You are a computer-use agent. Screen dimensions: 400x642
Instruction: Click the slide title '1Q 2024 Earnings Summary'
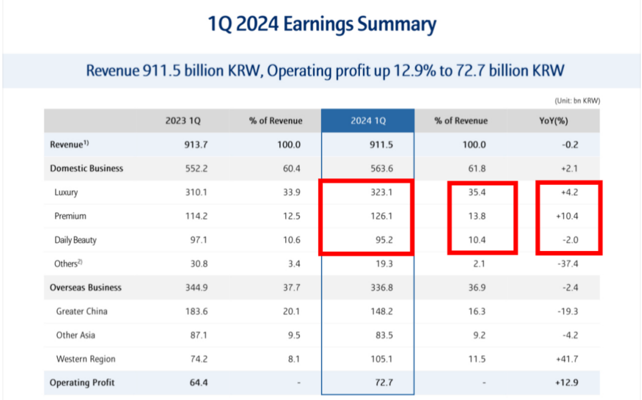click(x=322, y=25)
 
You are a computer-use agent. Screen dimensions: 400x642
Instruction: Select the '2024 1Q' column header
click(x=368, y=120)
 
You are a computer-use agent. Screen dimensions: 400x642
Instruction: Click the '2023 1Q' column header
click(x=183, y=120)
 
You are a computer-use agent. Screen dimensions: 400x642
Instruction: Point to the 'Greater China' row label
click(x=81, y=311)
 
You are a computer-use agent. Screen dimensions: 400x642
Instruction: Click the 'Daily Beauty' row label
click(x=75, y=240)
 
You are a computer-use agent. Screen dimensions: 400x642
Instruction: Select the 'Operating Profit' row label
click(x=82, y=382)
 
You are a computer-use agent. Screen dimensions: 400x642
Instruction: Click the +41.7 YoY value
click(x=566, y=359)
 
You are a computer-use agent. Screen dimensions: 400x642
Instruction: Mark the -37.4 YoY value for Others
click(x=567, y=264)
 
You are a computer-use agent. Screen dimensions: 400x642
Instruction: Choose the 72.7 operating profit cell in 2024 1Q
click(x=384, y=382)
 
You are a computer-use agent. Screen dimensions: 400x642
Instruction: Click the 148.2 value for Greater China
click(x=382, y=311)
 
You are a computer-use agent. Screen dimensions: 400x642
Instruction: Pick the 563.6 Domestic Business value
click(x=382, y=168)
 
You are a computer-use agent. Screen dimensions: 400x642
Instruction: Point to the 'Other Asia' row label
click(x=75, y=335)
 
